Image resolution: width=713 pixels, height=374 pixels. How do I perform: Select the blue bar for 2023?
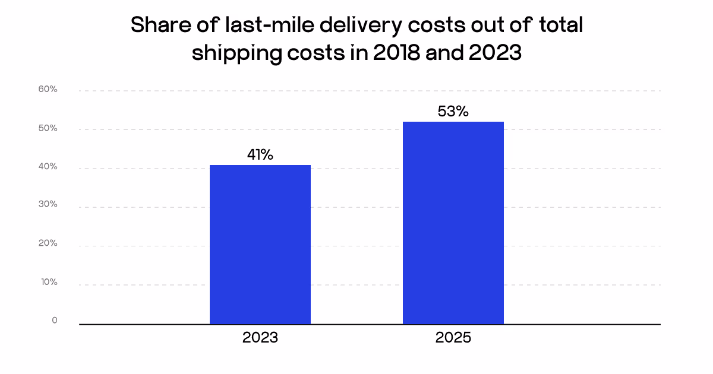point(260,245)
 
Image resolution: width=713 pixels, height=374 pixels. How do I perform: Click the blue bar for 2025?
point(453,223)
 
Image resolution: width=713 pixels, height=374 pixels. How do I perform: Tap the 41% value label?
point(260,155)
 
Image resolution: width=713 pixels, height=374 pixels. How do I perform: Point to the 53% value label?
point(453,112)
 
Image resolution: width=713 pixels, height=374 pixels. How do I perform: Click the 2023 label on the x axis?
point(260,338)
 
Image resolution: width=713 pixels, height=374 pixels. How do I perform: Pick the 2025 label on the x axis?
point(453,338)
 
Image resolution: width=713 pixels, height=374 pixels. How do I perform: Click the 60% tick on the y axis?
point(48,90)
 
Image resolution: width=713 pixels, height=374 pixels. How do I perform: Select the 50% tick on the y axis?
point(48,128)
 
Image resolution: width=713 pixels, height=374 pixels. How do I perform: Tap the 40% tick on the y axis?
point(48,167)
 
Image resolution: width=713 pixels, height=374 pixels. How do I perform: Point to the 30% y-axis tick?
point(48,204)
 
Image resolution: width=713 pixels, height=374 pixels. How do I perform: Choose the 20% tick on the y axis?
point(48,243)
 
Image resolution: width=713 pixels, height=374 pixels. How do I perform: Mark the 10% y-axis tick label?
point(48,282)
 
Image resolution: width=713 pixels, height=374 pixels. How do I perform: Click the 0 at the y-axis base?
point(55,321)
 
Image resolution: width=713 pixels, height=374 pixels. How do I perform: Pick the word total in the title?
point(557,26)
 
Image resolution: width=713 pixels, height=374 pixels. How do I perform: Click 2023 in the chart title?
point(494,53)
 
